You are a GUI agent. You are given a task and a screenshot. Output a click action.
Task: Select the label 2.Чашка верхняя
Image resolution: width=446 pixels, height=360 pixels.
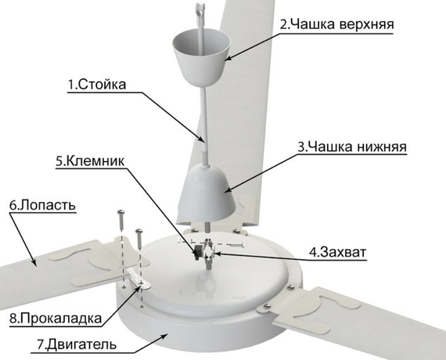coord(336,23)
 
